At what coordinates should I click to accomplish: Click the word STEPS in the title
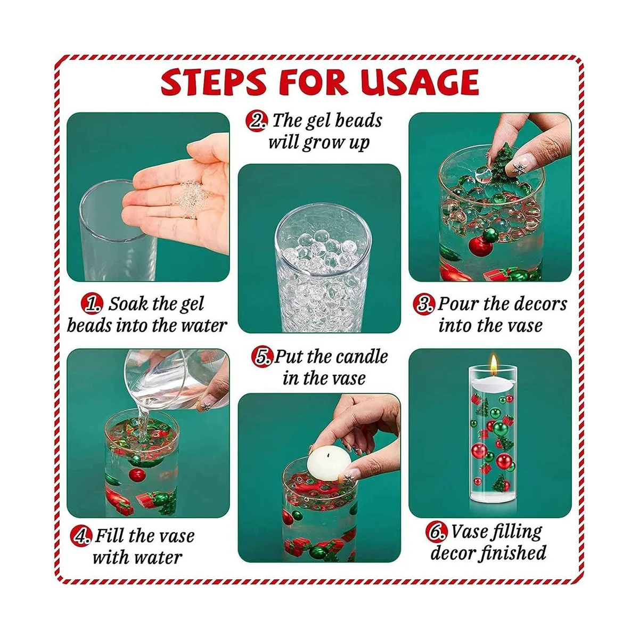pos(213,81)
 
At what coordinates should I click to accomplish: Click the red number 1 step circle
pos(92,304)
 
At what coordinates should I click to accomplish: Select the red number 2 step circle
pos(256,121)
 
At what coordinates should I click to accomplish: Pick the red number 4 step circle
pos(80,536)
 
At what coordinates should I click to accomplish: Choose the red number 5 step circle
pos(262,357)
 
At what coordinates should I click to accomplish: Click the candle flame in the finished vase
pos(494,364)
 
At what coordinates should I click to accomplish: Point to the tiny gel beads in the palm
pos(190,199)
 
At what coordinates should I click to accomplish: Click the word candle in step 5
pos(363,357)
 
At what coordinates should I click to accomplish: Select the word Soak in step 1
pos(127,304)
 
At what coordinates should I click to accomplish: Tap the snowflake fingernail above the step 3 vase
pos(520,167)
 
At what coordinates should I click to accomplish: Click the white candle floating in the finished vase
pos(494,383)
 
